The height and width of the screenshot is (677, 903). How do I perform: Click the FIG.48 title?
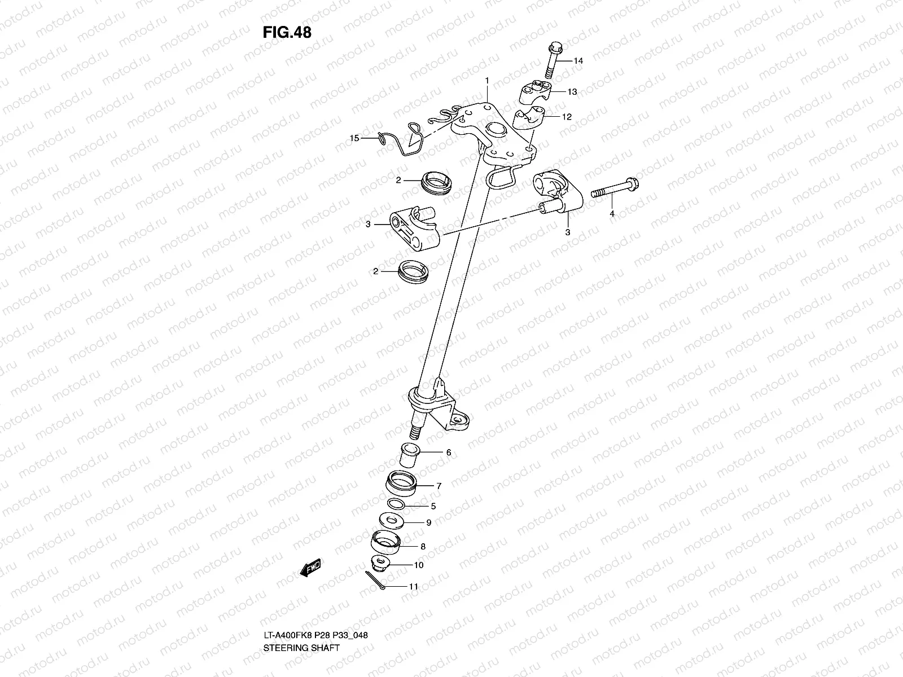[287, 33]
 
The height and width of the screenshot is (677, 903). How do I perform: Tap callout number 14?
[578, 61]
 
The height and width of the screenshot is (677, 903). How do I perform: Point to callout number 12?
[567, 117]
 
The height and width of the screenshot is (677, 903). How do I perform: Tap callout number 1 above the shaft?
[486, 81]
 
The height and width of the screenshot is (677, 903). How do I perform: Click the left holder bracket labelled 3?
[414, 229]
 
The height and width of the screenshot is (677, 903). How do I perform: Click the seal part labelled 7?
[401, 484]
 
